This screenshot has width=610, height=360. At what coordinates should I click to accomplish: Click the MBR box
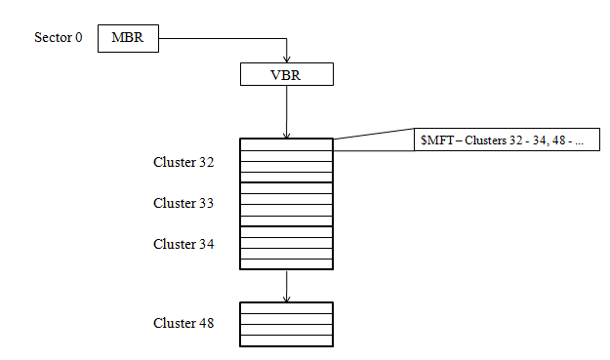point(127,39)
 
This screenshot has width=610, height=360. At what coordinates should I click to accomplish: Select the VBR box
point(287,74)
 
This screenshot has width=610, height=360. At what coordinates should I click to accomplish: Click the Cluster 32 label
point(183,161)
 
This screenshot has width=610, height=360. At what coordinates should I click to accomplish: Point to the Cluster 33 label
point(183,203)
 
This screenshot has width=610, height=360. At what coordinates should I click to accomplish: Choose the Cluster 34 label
point(183,244)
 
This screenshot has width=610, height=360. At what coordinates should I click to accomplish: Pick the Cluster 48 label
point(183,323)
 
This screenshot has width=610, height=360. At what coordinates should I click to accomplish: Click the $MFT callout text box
point(506,140)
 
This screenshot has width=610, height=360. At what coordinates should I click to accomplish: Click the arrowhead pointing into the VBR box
point(287,58)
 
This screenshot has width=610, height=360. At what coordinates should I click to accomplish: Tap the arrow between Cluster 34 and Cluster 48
point(287,285)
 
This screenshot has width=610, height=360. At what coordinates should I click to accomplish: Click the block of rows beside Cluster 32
point(287,160)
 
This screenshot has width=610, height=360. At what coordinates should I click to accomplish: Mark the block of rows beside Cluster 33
point(287,204)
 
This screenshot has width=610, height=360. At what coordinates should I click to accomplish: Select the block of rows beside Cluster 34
point(287,247)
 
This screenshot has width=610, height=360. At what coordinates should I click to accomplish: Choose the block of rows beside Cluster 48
point(287,324)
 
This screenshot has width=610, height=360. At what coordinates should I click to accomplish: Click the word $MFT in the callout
point(435,140)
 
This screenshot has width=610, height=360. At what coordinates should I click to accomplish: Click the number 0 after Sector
point(79,39)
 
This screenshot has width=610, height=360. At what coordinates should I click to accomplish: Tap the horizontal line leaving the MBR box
point(220,40)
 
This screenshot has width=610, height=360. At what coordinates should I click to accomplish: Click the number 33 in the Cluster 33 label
point(207,203)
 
